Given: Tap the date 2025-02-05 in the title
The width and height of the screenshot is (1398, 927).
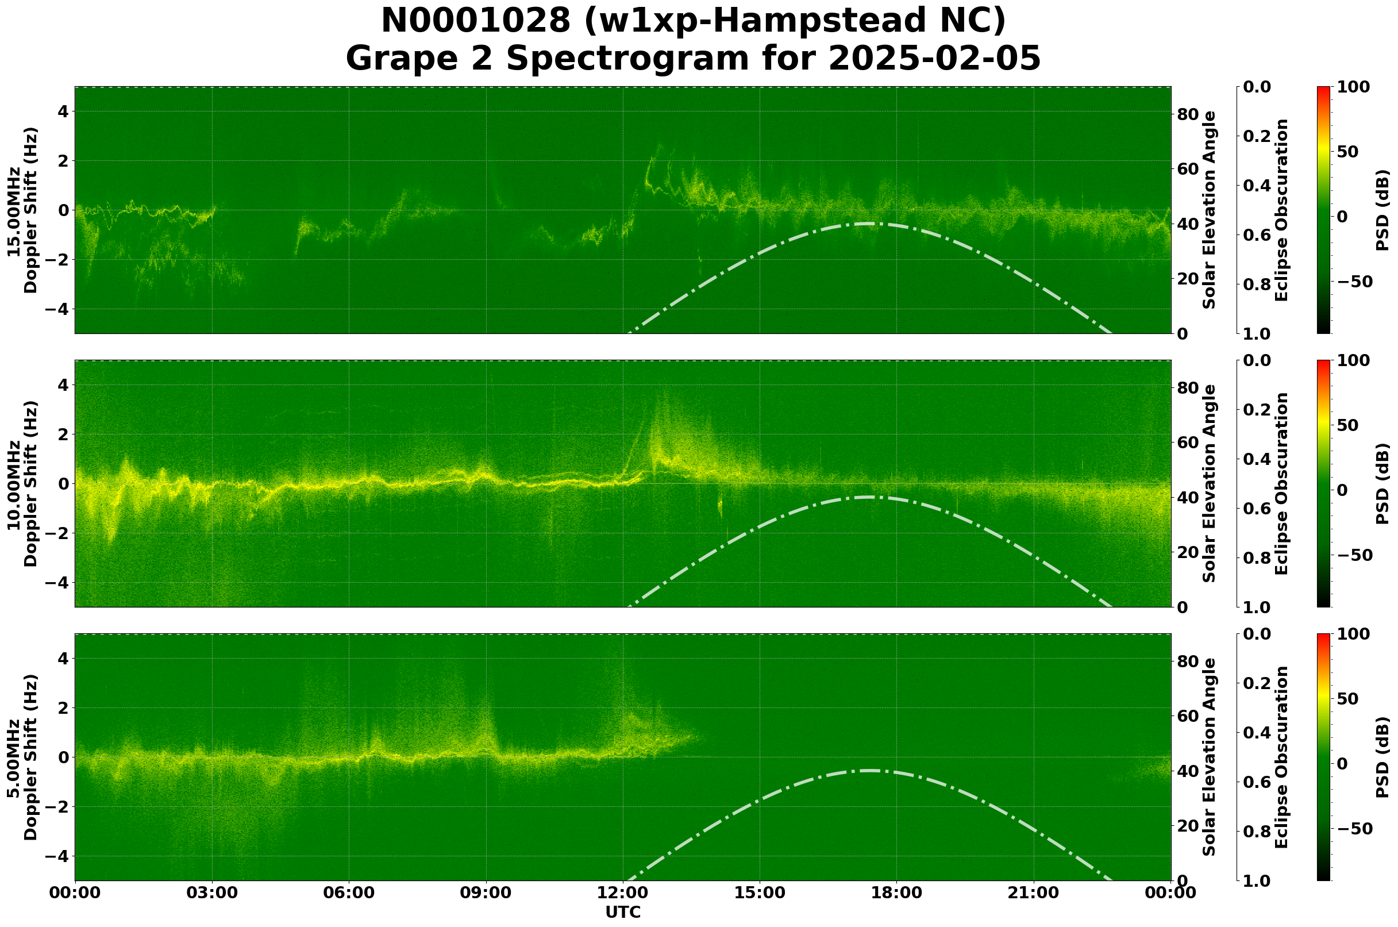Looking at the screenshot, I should tap(934, 59).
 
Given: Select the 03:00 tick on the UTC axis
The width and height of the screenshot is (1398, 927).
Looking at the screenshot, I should tap(212, 893).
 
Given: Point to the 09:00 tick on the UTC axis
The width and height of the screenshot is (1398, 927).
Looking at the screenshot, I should tap(486, 893).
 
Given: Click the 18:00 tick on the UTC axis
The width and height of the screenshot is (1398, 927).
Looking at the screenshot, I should tap(896, 893).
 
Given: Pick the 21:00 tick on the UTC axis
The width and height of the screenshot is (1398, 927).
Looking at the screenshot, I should tap(1033, 893).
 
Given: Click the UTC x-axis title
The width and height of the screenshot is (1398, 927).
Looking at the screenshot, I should tap(622, 912).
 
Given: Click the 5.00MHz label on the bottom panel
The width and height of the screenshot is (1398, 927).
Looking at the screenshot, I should tap(14, 758).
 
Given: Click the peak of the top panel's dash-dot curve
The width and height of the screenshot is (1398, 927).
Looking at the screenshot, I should tap(869, 224).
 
